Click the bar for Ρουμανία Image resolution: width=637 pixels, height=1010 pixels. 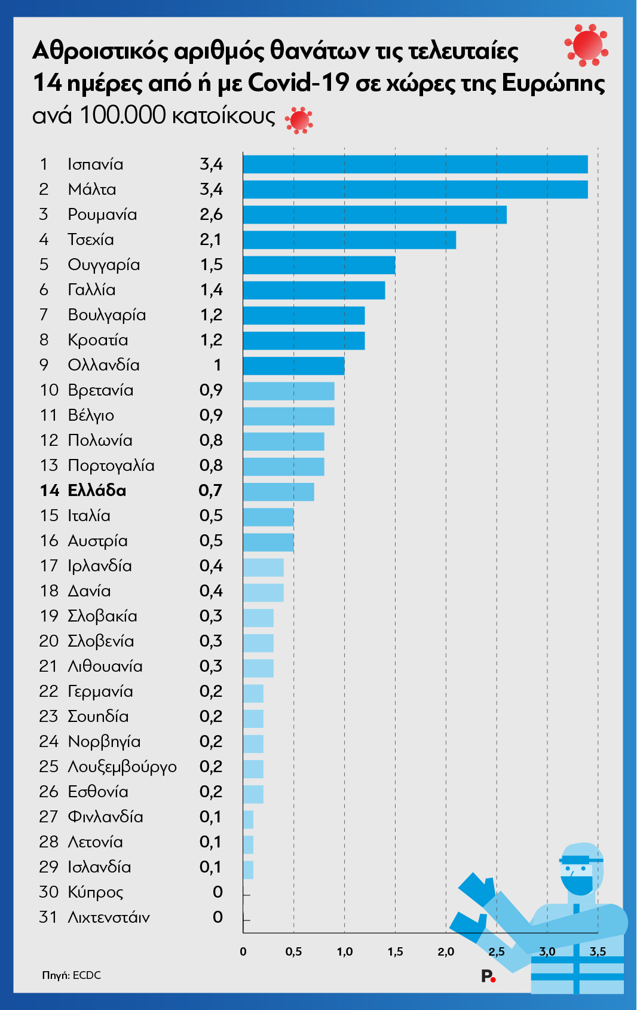pos(375,215)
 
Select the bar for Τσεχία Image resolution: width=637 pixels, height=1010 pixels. pos(349,240)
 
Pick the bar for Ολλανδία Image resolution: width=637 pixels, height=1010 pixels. pos(293,366)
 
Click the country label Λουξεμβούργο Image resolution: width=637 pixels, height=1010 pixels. pos(122,767)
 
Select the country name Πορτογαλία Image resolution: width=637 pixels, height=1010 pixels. pos(111,466)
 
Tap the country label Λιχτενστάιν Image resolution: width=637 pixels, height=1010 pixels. pos(109,917)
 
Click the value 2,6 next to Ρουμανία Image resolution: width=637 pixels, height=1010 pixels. pos(211,215)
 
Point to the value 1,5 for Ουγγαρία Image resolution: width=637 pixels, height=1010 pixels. pos(211,265)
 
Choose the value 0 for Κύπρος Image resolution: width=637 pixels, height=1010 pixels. pos(218,892)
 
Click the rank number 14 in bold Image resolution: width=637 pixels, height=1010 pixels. pos(50,491)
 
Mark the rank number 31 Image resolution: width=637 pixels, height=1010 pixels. pos(48,917)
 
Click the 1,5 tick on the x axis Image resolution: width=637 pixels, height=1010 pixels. pos(395,952)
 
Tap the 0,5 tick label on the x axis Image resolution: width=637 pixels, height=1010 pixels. pos(293,952)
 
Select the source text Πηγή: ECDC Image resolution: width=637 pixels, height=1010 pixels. pos(71,975)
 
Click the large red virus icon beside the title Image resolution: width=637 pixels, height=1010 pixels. pos(587,45)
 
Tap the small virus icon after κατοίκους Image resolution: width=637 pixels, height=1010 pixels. pos(299,121)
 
